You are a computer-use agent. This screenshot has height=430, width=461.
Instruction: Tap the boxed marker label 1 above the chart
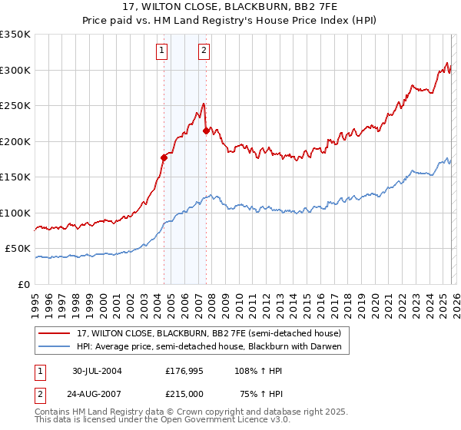(x=163, y=51)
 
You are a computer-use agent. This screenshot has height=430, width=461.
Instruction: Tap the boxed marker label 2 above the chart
(x=204, y=51)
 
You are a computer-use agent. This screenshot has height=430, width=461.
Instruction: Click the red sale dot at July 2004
(x=164, y=158)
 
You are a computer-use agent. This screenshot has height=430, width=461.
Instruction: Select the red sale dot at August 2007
(x=206, y=131)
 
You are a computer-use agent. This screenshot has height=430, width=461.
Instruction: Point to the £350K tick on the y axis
(x=15, y=35)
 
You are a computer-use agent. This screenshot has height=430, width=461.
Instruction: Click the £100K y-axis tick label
(x=15, y=213)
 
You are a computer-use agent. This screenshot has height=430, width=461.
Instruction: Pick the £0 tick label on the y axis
(x=23, y=284)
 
